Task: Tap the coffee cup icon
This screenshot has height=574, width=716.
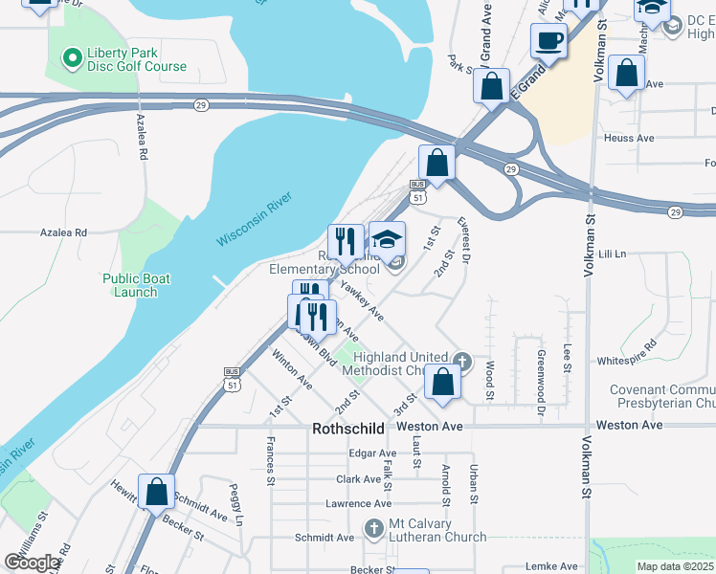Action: point(548,41)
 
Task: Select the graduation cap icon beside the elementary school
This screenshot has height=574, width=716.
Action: point(388,239)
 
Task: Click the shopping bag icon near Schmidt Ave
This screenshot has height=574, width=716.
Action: point(156,493)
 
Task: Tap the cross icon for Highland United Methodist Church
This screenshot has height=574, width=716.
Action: point(462,362)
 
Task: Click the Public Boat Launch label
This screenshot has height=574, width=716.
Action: point(136,285)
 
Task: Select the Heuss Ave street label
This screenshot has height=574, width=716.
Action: point(629,139)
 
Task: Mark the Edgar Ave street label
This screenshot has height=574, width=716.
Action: point(372,453)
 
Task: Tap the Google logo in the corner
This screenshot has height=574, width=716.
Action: point(32,563)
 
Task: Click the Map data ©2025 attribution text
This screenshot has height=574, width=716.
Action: point(674,566)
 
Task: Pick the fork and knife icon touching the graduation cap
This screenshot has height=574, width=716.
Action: point(346,242)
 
